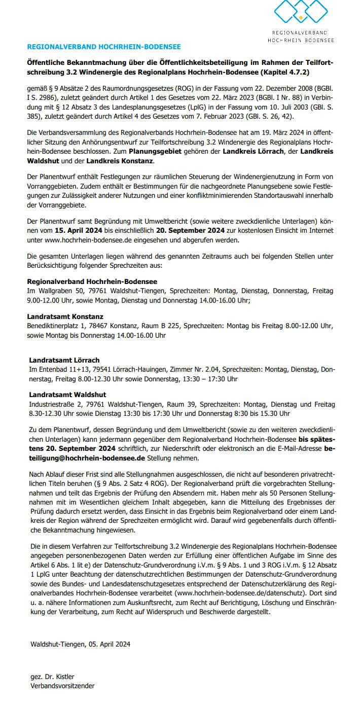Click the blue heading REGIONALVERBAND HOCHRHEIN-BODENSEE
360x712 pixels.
pos(103,47)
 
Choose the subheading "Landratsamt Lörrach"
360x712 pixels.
pos(64,360)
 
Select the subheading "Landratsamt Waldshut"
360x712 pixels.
pos(67,395)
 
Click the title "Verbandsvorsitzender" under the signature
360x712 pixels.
pos(62,686)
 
